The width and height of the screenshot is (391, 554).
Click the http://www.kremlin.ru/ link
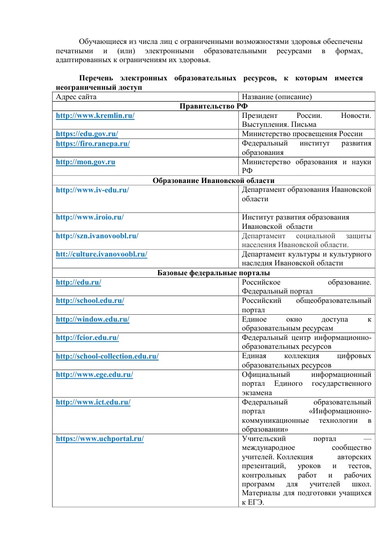click(95, 115)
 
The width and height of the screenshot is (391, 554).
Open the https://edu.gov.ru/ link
click(87, 134)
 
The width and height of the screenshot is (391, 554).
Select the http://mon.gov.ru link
click(86, 162)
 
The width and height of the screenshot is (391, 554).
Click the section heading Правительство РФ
click(213, 106)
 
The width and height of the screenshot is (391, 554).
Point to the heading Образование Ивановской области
click(213, 181)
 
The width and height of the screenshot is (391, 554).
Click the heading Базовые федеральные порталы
click(213, 273)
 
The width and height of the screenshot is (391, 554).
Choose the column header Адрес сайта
click(76, 96)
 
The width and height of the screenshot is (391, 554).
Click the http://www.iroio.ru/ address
click(90, 217)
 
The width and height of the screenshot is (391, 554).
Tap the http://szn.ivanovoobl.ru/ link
click(97, 236)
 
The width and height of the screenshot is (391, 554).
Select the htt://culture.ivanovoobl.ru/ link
click(101, 255)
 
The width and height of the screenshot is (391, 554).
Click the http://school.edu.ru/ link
click(90, 300)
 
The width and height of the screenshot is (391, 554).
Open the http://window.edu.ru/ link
click(93, 319)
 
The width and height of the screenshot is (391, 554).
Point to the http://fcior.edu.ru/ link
click(88, 338)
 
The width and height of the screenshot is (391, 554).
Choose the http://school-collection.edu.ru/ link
click(107, 356)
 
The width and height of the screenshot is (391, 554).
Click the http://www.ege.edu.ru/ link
click(95, 375)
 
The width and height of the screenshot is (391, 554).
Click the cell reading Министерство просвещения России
click(302, 134)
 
